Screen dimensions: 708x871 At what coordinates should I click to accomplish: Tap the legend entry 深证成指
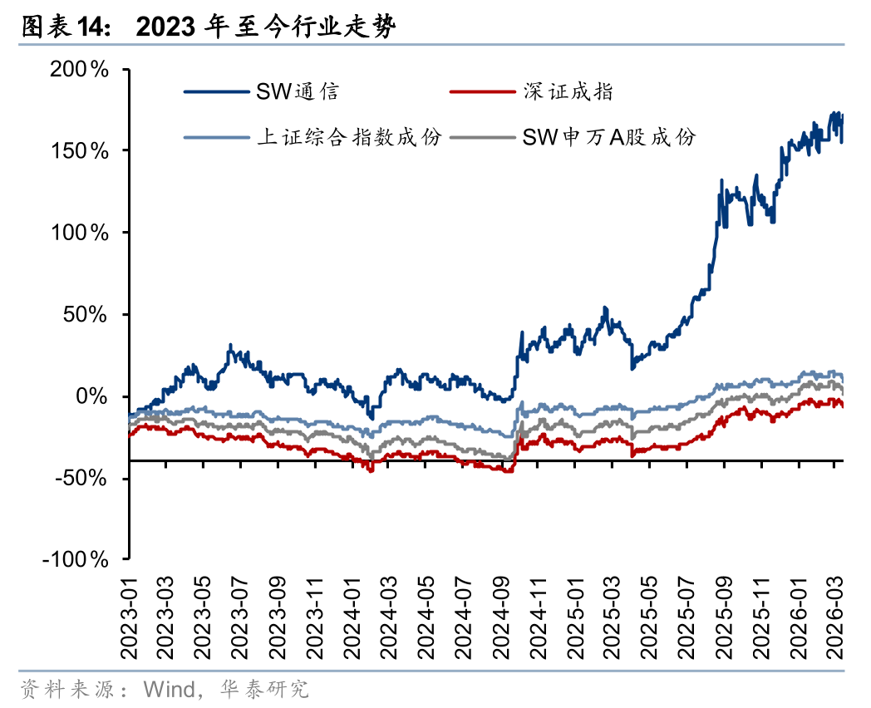[x=568, y=91]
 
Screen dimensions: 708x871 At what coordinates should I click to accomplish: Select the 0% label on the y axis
[x=93, y=396]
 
